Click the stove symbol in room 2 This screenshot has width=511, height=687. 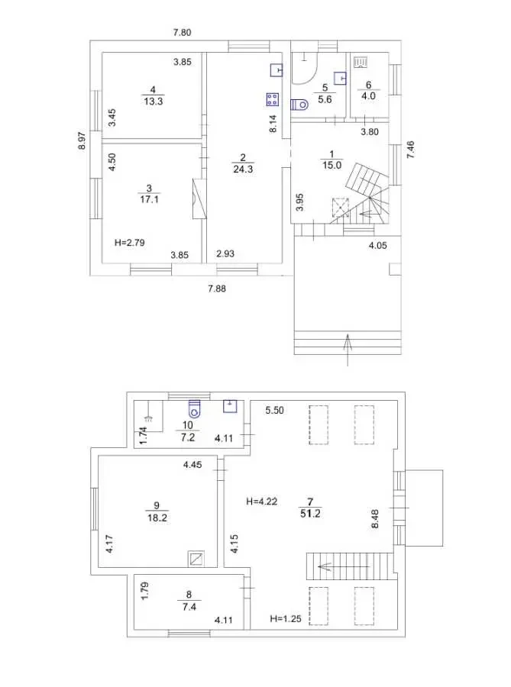click(x=272, y=99)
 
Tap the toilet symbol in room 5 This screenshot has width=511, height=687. click(x=299, y=105)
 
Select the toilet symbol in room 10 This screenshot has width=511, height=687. click(x=194, y=408)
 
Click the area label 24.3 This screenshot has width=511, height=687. click(x=243, y=169)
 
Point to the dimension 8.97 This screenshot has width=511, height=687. click(x=82, y=140)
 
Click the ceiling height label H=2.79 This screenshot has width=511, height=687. click(x=130, y=242)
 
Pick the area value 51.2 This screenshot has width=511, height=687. click(x=310, y=513)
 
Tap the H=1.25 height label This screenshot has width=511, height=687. click(x=286, y=618)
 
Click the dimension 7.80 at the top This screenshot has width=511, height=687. click(x=183, y=32)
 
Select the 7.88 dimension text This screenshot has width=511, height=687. click(x=217, y=289)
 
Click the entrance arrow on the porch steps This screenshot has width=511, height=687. click(x=348, y=350)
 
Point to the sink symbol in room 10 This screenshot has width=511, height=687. click(x=230, y=406)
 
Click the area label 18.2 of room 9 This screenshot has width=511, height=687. click(x=157, y=518)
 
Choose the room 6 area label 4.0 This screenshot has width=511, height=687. click(x=369, y=96)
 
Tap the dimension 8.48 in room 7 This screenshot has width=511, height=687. click(x=375, y=518)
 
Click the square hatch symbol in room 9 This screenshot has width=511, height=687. click(x=196, y=558)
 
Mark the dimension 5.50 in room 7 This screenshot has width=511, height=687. click(x=275, y=410)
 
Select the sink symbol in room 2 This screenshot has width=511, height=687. click(x=276, y=70)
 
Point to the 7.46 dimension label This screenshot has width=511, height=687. click(x=411, y=150)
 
